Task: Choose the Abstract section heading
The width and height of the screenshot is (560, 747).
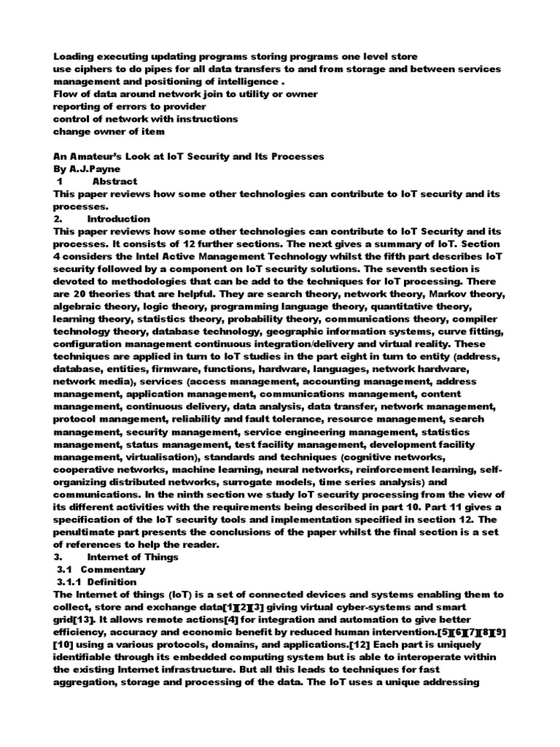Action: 114,182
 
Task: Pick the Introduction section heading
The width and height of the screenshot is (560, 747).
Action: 118,218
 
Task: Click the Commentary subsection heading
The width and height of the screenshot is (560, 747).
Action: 112,569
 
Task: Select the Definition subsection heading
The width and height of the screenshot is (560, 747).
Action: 108,581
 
